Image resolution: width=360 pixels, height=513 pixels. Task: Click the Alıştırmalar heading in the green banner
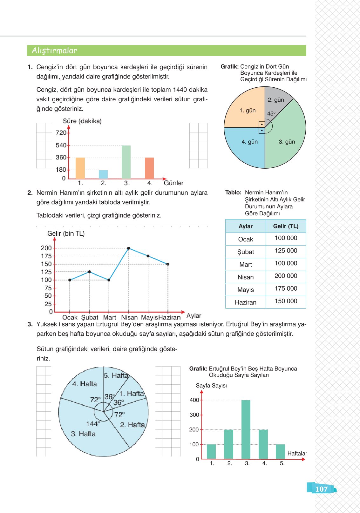pos(54,51)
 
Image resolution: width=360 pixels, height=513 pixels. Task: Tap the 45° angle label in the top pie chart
pos(271,113)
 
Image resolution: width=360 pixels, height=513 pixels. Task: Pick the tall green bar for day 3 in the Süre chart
pos(126,162)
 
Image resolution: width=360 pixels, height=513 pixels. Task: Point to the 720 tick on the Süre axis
pos(61,133)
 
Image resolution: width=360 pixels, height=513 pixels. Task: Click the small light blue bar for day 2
pos(103,174)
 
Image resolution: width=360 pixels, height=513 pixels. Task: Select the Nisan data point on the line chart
pos(128,248)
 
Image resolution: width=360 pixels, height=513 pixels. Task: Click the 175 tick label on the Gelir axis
pos(46,256)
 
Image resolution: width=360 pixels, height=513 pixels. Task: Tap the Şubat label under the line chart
pos(90,317)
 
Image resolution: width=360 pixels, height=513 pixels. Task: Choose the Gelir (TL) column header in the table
pos(286,226)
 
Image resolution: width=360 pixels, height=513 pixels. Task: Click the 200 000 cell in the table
pos(286,276)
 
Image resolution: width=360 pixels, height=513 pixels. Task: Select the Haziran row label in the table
pos(245,302)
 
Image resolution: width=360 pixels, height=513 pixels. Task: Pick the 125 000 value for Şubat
pos(286,251)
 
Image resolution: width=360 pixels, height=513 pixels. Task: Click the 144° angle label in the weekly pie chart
pos(93,424)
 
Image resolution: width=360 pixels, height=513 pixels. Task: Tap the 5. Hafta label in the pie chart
pos(116,375)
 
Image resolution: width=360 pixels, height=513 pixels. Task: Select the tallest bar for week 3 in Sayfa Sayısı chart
pos(246,429)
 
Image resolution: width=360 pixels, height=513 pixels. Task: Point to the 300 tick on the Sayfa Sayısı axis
pos(194,415)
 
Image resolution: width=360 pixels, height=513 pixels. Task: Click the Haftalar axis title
pos(297,454)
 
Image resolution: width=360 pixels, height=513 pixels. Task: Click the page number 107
pos(321,489)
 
